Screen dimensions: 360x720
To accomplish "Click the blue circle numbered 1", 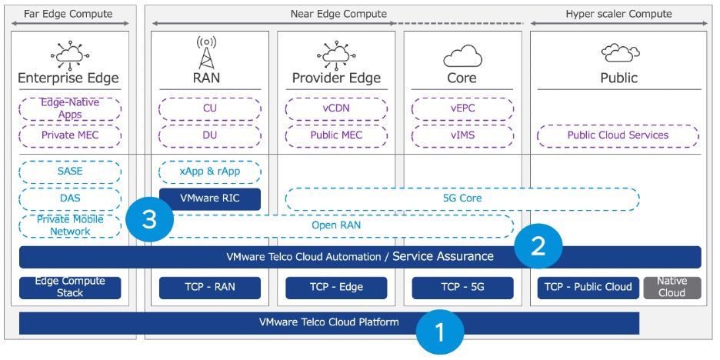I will (x=440, y=332).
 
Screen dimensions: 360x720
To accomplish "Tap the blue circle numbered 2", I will (x=539, y=245).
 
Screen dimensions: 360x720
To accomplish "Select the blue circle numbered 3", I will (x=150, y=220).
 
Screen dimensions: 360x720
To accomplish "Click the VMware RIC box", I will (x=210, y=198).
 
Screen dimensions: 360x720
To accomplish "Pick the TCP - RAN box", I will (x=210, y=288).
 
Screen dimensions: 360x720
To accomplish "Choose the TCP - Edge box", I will (x=336, y=288).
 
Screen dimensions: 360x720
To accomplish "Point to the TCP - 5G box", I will (x=462, y=288).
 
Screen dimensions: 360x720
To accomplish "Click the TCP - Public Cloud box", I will (x=588, y=288).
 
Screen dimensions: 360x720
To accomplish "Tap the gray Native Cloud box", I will (x=672, y=288).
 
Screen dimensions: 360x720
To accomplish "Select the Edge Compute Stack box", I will (x=70, y=288).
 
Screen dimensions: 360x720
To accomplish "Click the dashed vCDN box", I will (x=336, y=108).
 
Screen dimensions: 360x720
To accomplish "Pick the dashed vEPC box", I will (x=462, y=108).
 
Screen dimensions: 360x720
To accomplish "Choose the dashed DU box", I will (x=210, y=135).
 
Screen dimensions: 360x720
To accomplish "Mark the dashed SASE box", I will (x=70, y=172).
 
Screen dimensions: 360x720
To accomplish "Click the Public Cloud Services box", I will (x=618, y=135).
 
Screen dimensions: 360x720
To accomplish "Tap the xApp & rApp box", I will (x=210, y=172).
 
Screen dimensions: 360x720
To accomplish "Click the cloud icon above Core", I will (x=462, y=55).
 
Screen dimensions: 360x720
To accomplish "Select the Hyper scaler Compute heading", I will (x=618, y=14).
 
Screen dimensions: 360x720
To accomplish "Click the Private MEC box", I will (x=70, y=135).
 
